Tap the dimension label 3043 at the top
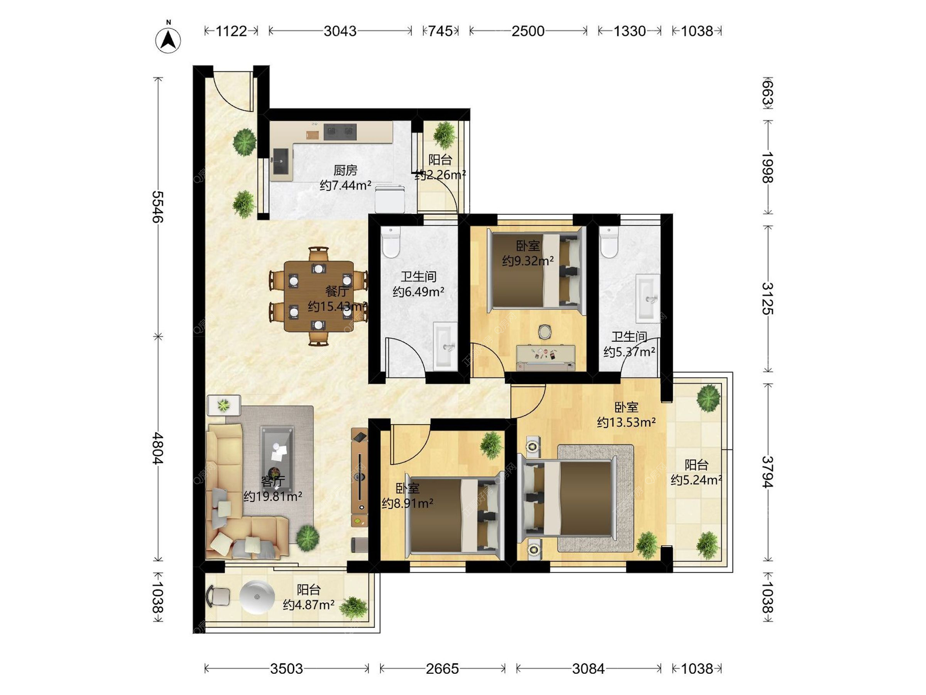click(340, 31)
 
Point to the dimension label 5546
click(158, 207)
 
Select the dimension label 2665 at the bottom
click(442, 668)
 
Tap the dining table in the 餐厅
click(318, 296)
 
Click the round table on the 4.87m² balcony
click(257, 597)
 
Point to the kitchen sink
click(281, 161)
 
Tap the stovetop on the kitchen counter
click(340, 131)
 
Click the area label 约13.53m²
click(626, 423)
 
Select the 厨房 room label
click(345, 170)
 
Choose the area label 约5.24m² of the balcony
click(696, 480)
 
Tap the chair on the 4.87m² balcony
click(218, 596)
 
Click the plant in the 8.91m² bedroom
click(491, 445)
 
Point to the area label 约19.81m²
click(272, 497)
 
